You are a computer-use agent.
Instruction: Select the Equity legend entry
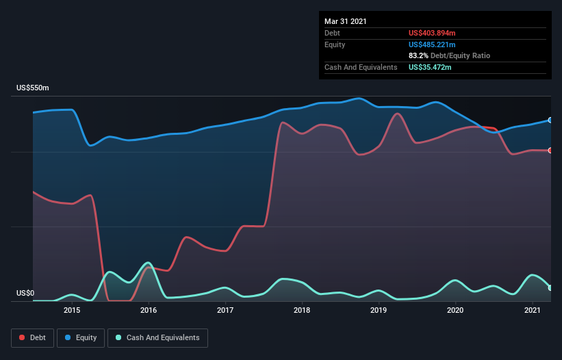(81, 337)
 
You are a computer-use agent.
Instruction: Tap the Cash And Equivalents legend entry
(157, 337)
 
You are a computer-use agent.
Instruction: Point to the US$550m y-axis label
(33, 88)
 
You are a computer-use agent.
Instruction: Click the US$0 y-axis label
(25, 294)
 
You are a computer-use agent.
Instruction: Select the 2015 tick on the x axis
(72, 310)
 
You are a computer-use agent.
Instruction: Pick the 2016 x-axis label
(149, 310)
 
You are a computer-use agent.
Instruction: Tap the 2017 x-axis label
(225, 310)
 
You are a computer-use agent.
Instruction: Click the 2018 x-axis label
(303, 310)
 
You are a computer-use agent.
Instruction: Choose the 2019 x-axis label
(379, 310)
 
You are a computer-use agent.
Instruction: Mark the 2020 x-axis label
(456, 310)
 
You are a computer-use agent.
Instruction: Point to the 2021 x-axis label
(533, 310)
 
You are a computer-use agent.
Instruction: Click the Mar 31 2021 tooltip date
(346, 21)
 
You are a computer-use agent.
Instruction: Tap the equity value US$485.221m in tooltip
(432, 44)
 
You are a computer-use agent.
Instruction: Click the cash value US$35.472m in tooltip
(430, 67)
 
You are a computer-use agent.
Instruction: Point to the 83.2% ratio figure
(418, 55)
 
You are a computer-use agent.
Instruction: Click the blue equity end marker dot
(550, 120)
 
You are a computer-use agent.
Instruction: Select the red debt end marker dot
(550, 151)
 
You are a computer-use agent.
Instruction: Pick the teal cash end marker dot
(550, 288)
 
